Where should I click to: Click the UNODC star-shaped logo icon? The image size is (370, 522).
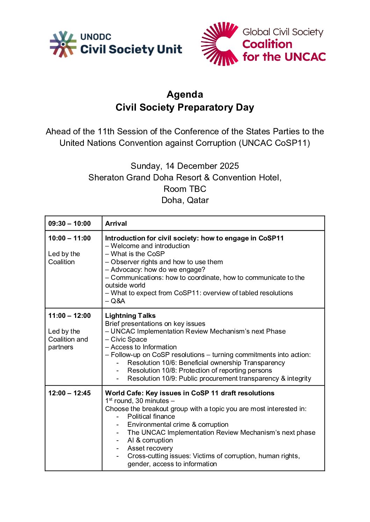(x=63, y=44)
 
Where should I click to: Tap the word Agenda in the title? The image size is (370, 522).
(x=185, y=95)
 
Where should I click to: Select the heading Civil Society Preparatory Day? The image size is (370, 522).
(x=185, y=107)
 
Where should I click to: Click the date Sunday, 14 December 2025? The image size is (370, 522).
(x=185, y=166)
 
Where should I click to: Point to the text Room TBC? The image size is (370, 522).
(x=185, y=189)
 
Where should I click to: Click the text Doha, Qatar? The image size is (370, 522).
(x=185, y=200)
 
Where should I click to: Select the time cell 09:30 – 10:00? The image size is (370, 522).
(x=70, y=224)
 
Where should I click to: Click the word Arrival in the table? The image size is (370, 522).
(x=116, y=224)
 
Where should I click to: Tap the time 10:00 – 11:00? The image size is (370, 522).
(x=70, y=238)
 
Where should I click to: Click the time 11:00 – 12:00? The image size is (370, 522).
(x=70, y=316)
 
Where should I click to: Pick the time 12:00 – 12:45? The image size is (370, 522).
(x=70, y=393)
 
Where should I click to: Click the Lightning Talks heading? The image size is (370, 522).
(x=130, y=316)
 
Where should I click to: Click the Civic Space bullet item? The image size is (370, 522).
(x=128, y=340)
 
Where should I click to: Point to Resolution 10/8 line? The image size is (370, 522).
(x=199, y=371)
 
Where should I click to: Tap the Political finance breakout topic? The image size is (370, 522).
(x=151, y=417)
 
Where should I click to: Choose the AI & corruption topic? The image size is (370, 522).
(x=150, y=440)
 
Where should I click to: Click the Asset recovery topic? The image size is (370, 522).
(x=150, y=448)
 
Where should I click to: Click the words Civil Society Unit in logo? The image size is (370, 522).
(x=131, y=50)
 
